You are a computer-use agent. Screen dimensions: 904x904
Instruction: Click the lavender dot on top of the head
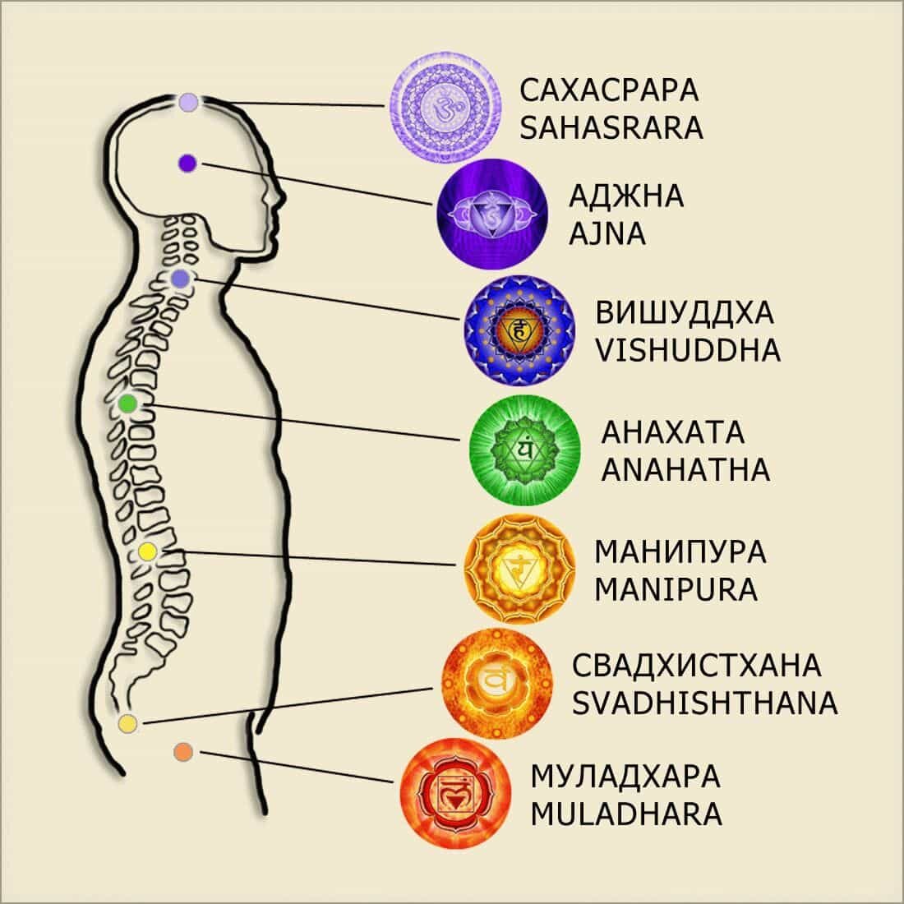pos(188,103)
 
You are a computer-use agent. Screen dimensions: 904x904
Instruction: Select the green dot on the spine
pos(127,404)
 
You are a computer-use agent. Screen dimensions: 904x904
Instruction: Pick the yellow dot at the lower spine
pos(148,551)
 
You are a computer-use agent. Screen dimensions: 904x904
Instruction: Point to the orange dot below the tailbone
pos(183,750)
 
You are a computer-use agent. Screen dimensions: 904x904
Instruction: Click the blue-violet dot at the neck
pos(181,279)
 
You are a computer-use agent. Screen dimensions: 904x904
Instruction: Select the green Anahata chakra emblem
pos(525,450)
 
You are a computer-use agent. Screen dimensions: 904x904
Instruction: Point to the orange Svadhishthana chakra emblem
pos(496,680)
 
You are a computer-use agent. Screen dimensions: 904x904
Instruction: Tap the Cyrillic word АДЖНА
pos(626,197)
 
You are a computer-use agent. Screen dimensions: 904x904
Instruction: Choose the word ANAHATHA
pos(685,470)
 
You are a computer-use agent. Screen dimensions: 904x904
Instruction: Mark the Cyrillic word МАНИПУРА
pos(680,551)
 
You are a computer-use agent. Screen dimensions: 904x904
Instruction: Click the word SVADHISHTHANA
pos(704,703)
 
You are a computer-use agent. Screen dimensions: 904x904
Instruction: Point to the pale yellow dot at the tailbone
pos(127,723)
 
